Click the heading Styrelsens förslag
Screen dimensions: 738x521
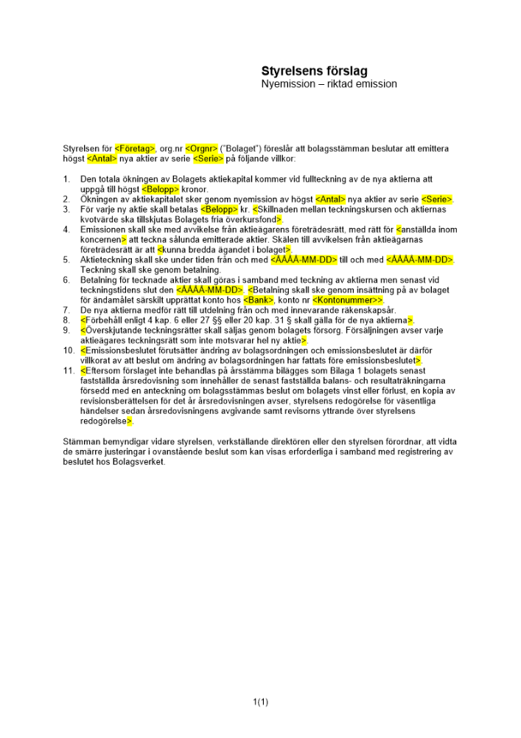click(314, 71)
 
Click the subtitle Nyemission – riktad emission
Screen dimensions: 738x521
click(329, 84)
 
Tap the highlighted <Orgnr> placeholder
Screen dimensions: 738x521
click(200, 148)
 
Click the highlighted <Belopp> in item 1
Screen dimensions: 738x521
click(160, 189)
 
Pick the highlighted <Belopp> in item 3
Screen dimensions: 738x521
click(218, 210)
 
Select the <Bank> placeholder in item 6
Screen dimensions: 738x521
click(259, 300)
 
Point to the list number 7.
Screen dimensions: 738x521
click(66, 310)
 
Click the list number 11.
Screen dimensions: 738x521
click(69, 370)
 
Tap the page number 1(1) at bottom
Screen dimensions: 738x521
click(260, 702)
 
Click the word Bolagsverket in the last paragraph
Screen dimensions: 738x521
click(141, 462)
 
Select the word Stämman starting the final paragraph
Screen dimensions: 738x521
click(80, 441)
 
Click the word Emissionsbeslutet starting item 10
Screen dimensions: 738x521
click(118, 351)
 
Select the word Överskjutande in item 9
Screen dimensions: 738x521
click(111, 330)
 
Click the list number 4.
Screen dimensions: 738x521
click(66, 230)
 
